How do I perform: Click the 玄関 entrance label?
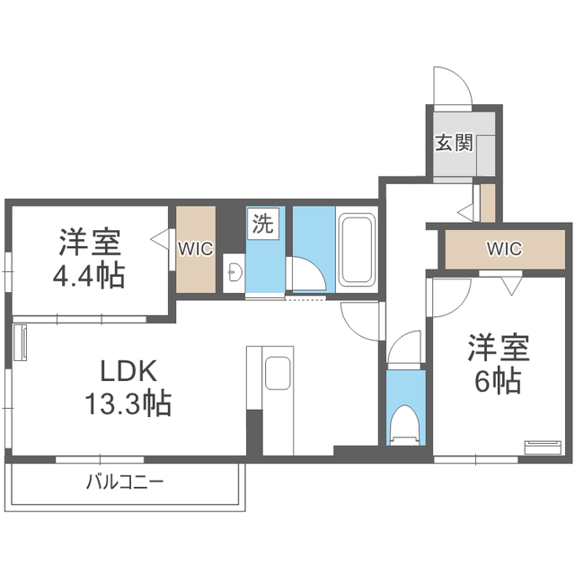pos(454,142)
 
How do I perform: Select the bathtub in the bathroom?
pos(355,252)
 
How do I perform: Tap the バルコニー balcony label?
pos(125,482)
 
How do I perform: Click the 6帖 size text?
pos(497,381)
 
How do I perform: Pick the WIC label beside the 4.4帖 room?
pos(195,249)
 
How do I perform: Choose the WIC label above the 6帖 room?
pos(503,249)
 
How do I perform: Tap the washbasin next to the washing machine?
pos(234,271)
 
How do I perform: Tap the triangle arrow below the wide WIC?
pos(510,287)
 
